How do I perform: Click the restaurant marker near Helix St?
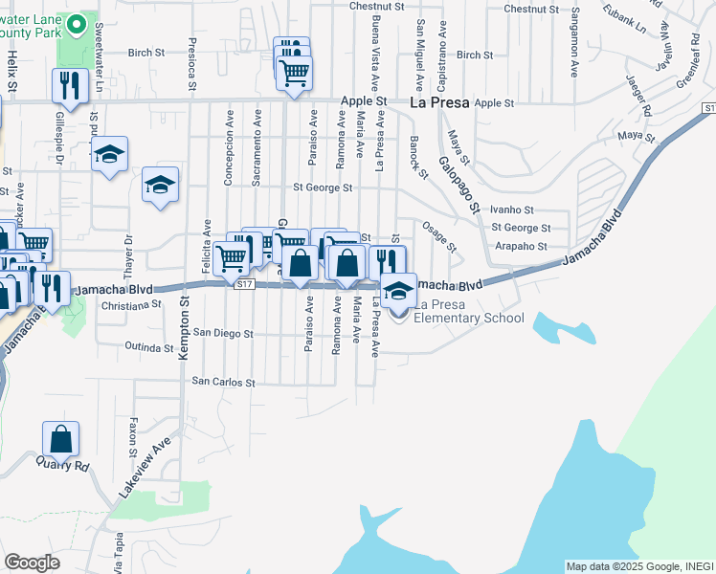pos(69,85)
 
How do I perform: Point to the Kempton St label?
pos(185,330)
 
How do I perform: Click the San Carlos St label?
pos(224,381)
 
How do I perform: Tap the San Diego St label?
pos(222,334)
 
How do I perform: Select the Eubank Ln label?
pos(626,21)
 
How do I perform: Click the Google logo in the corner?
pos(32,563)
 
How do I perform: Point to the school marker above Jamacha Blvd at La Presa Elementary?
pos(398,289)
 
